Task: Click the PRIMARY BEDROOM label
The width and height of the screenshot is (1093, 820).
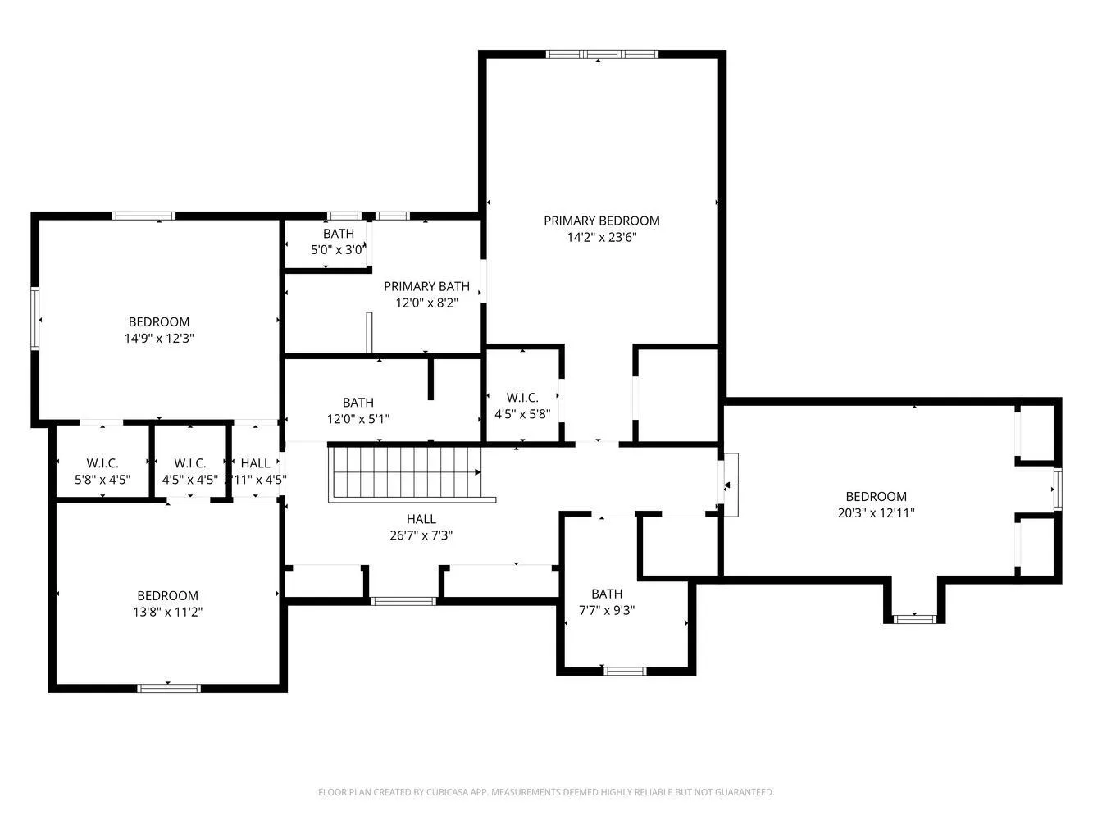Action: click(x=601, y=221)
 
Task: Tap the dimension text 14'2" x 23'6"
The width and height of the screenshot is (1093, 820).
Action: click(x=601, y=238)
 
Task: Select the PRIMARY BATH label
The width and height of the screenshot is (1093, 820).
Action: click(x=426, y=286)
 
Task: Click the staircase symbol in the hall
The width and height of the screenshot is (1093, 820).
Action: click(x=404, y=473)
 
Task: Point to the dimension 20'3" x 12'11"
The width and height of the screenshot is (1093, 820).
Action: click(x=876, y=513)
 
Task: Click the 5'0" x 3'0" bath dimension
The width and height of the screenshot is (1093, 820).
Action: click(x=337, y=250)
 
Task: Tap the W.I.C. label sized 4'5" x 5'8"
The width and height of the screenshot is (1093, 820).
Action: click(x=521, y=398)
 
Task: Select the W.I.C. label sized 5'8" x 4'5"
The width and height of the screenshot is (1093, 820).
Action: click(x=102, y=463)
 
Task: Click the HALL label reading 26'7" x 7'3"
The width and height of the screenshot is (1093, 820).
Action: click(x=421, y=519)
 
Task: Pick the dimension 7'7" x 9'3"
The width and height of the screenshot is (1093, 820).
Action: click(x=607, y=610)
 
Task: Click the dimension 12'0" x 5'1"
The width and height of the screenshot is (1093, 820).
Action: click(x=358, y=419)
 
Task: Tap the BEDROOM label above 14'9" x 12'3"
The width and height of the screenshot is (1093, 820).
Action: click(x=158, y=321)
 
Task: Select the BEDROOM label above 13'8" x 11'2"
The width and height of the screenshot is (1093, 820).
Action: click(x=167, y=595)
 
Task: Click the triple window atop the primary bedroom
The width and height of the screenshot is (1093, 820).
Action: click(x=602, y=55)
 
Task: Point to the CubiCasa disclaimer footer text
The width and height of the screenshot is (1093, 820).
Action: click(x=546, y=792)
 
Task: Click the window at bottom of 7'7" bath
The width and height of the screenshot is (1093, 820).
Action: click(x=625, y=671)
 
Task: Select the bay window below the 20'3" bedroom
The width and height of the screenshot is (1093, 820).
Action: click(x=914, y=618)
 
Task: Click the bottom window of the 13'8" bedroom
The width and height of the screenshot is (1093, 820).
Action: click(x=169, y=688)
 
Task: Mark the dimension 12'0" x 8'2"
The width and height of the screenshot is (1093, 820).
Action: click(x=426, y=303)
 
